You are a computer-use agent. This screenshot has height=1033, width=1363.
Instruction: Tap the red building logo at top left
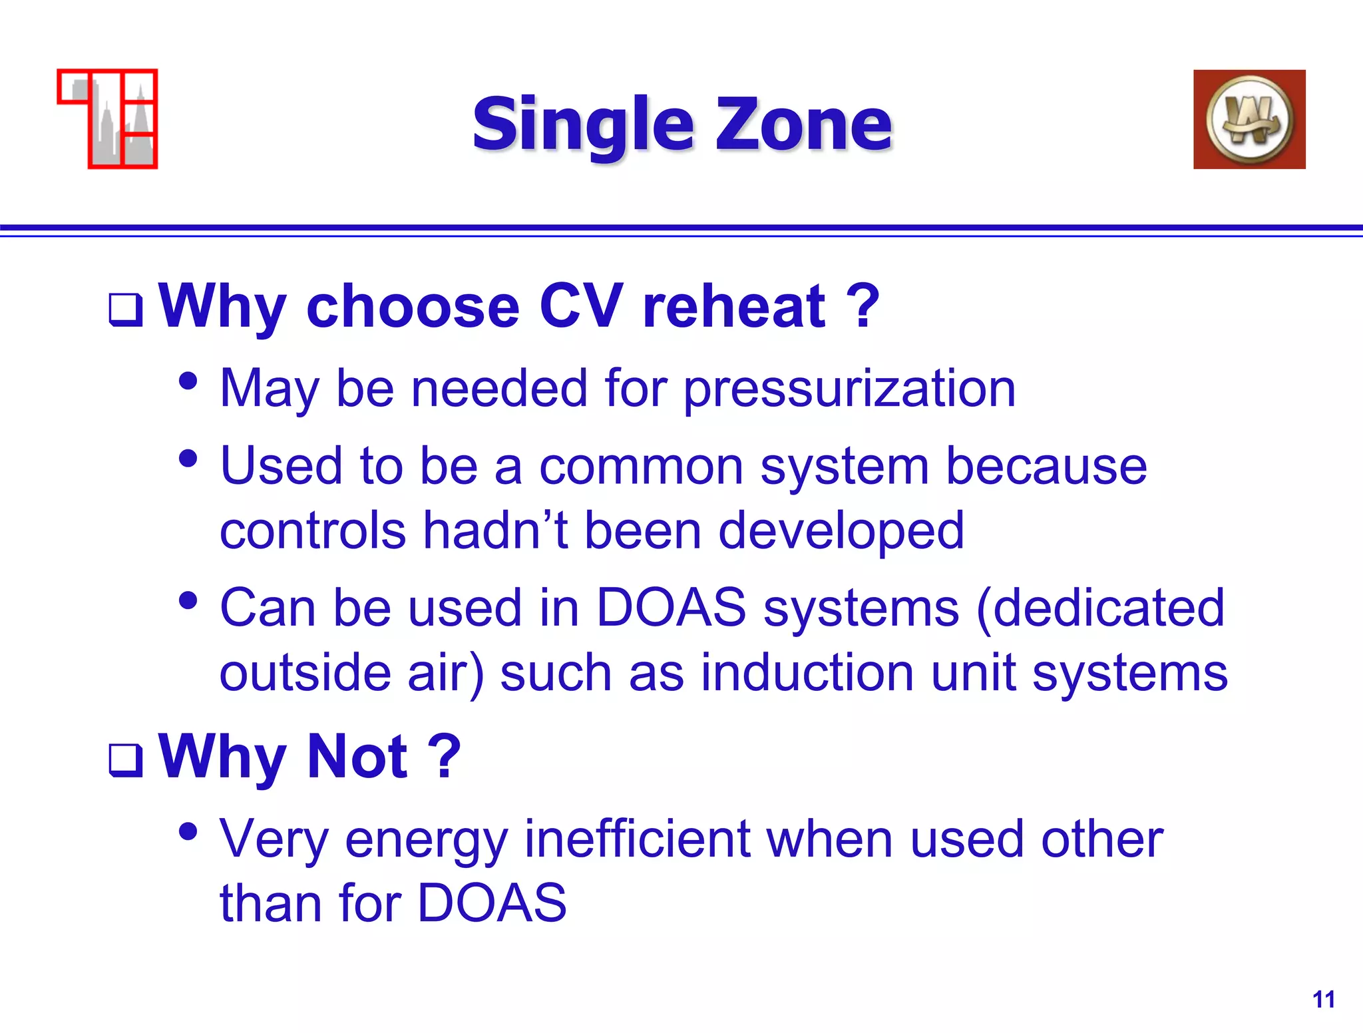click(x=108, y=119)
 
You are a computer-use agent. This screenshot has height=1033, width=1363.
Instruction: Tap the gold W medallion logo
click(x=1249, y=120)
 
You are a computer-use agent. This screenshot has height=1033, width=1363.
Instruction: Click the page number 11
click(x=1323, y=999)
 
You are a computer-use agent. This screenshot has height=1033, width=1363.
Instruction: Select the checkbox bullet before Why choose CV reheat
click(x=126, y=310)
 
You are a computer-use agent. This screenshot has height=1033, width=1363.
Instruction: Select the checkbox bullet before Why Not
click(x=126, y=760)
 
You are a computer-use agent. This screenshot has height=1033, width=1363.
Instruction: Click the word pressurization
click(x=850, y=389)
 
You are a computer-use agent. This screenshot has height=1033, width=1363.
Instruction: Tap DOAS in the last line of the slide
click(x=492, y=903)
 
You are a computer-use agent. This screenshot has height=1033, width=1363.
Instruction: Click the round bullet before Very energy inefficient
click(x=188, y=832)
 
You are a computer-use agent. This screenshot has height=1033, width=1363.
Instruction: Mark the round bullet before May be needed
click(x=188, y=381)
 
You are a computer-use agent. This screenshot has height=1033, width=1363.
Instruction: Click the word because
click(x=1046, y=466)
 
